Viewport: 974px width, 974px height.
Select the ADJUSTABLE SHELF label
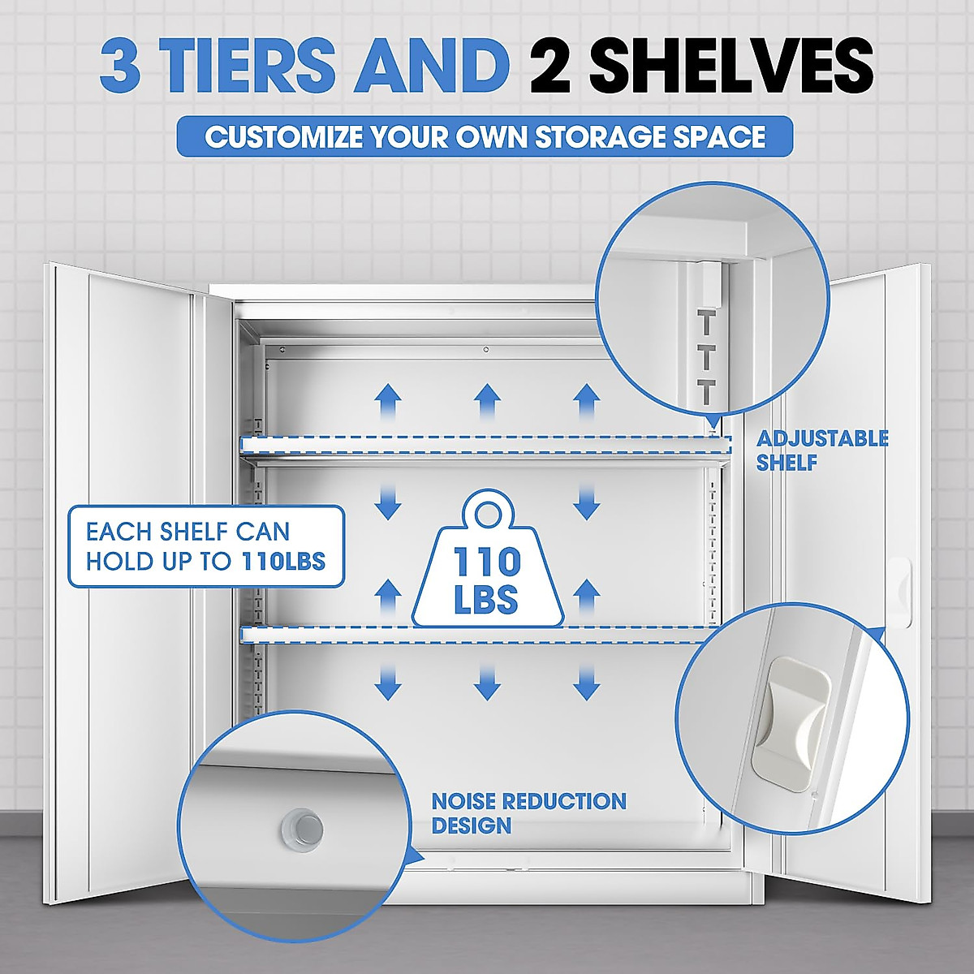(821, 450)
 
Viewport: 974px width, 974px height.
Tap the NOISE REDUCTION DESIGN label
(528, 813)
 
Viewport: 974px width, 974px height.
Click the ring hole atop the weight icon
(488, 512)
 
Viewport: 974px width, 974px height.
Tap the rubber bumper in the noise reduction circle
(301, 828)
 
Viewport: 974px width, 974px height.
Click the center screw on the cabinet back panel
(485, 350)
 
